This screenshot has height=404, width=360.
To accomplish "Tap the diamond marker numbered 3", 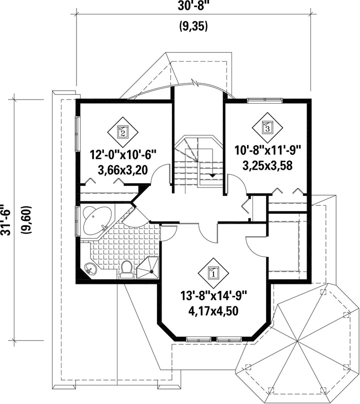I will tap(266, 127).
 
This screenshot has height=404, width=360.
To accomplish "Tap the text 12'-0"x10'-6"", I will tap(123, 155).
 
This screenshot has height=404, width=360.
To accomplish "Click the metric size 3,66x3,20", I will tap(123, 170).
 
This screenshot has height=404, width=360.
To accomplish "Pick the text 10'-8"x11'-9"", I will tap(267, 150).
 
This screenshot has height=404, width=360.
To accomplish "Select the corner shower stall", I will tap(147, 267).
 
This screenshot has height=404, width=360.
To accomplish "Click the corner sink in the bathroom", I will tap(90, 269).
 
